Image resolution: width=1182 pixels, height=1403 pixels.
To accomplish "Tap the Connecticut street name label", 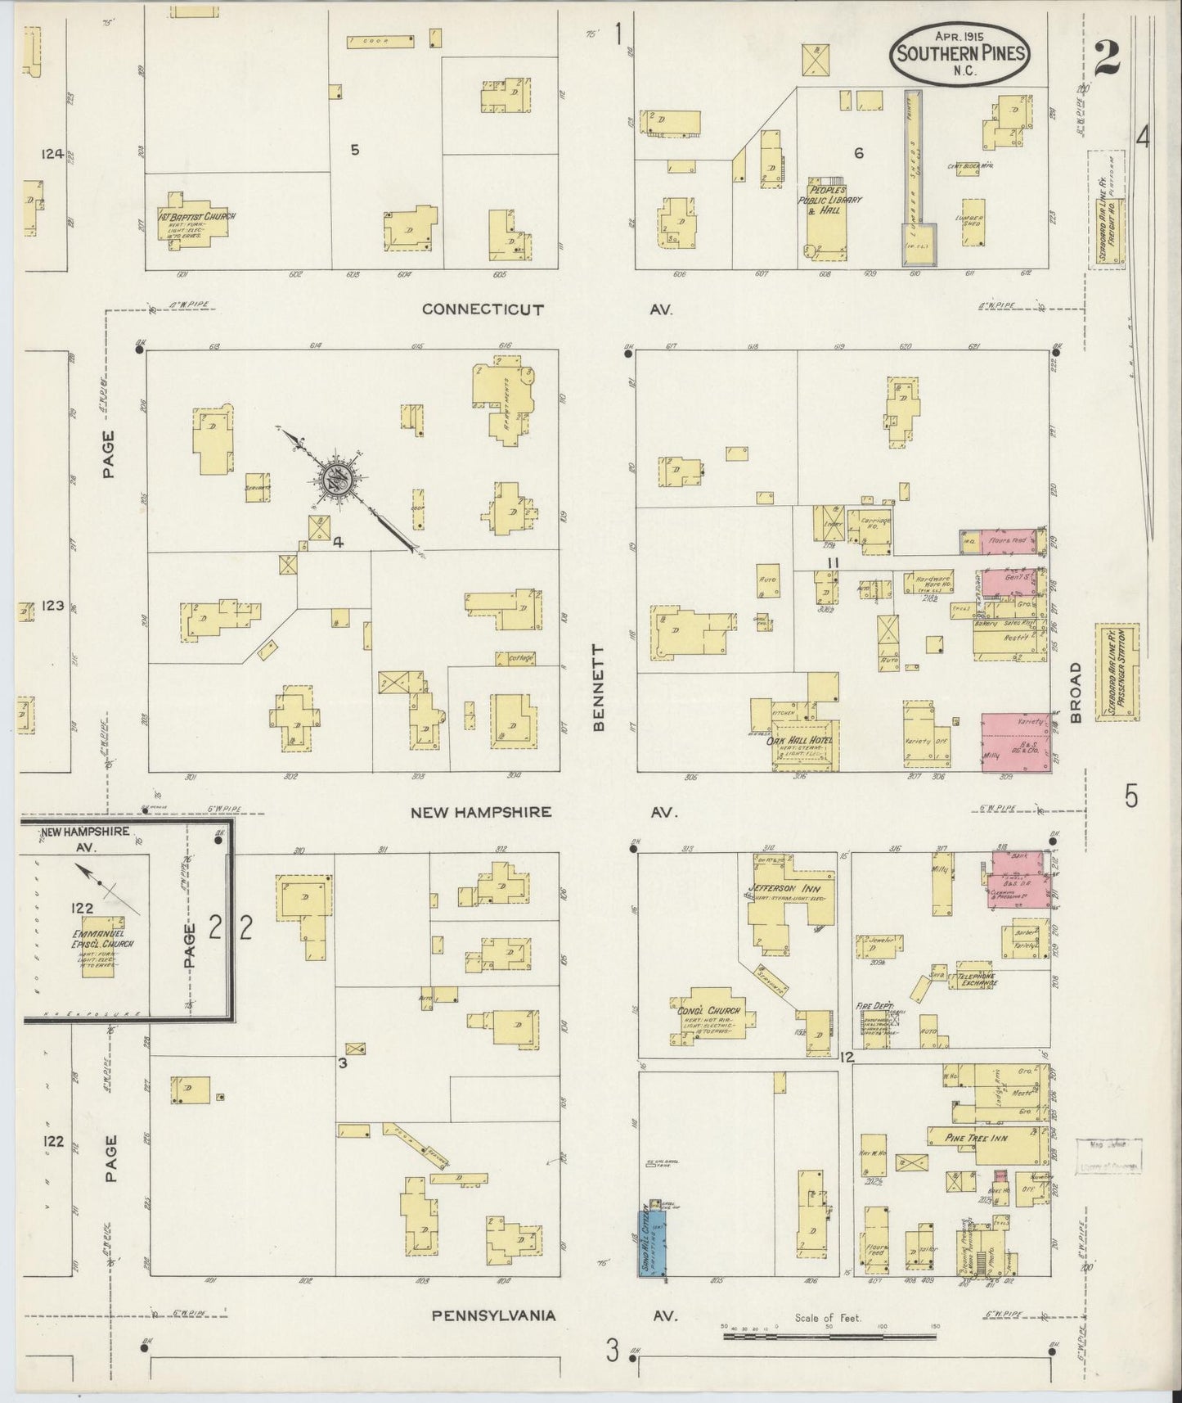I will point(483,309).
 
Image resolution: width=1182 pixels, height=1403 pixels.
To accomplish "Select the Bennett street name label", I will point(600,688).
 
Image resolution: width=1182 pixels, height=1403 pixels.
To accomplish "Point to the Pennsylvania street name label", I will point(494,1315).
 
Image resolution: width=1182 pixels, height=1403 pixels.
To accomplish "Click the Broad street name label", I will point(1075,692).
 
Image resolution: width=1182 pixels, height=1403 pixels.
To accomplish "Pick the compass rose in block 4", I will point(336,479).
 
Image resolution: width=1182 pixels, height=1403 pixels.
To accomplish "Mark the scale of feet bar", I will point(830,1337).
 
